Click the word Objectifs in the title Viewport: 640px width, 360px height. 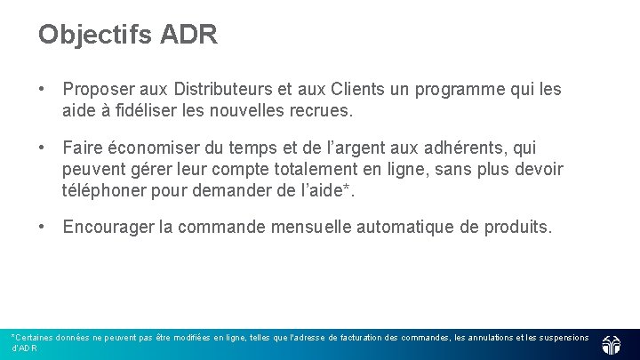[x=96, y=36]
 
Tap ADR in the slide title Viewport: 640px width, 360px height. [x=188, y=35]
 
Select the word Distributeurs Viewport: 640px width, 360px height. [x=223, y=90]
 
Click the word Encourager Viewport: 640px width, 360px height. [x=108, y=228]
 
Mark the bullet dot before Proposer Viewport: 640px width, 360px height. [x=42, y=90]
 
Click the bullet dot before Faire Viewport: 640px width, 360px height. [x=42, y=148]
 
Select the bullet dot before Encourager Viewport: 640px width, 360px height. [x=42, y=228]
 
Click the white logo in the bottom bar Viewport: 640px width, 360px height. [x=612, y=345]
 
